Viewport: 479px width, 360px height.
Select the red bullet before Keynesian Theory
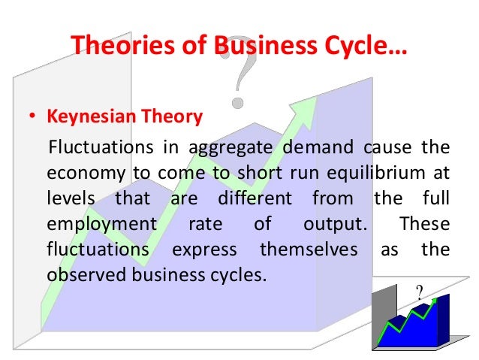tap(32, 118)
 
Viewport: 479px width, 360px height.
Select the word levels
tap(68, 199)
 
